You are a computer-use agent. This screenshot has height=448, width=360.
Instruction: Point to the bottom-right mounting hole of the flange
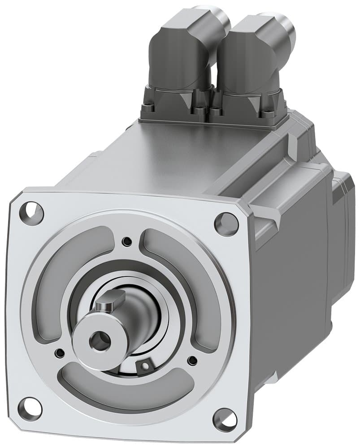click(225, 420)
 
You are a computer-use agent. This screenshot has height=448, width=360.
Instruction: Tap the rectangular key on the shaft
click(110, 299)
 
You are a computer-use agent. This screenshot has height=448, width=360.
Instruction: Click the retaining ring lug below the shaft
click(145, 366)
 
